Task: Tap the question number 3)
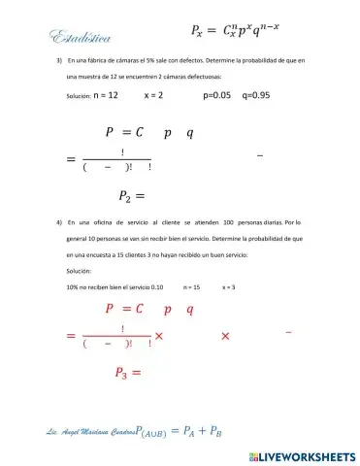(60, 61)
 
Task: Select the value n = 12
(106, 96)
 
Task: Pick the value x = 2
(153, 96)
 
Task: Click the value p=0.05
(217, 96)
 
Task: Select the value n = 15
(190, 287)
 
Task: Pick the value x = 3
(229, 287)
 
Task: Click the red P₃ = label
(128, 372)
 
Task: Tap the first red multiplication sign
(159, 336)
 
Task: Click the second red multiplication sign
(225, 336)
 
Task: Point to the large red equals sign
(70, 336)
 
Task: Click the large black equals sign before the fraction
(70, 159)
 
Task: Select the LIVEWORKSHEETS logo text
(303, 455)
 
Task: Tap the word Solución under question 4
(79, 271)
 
